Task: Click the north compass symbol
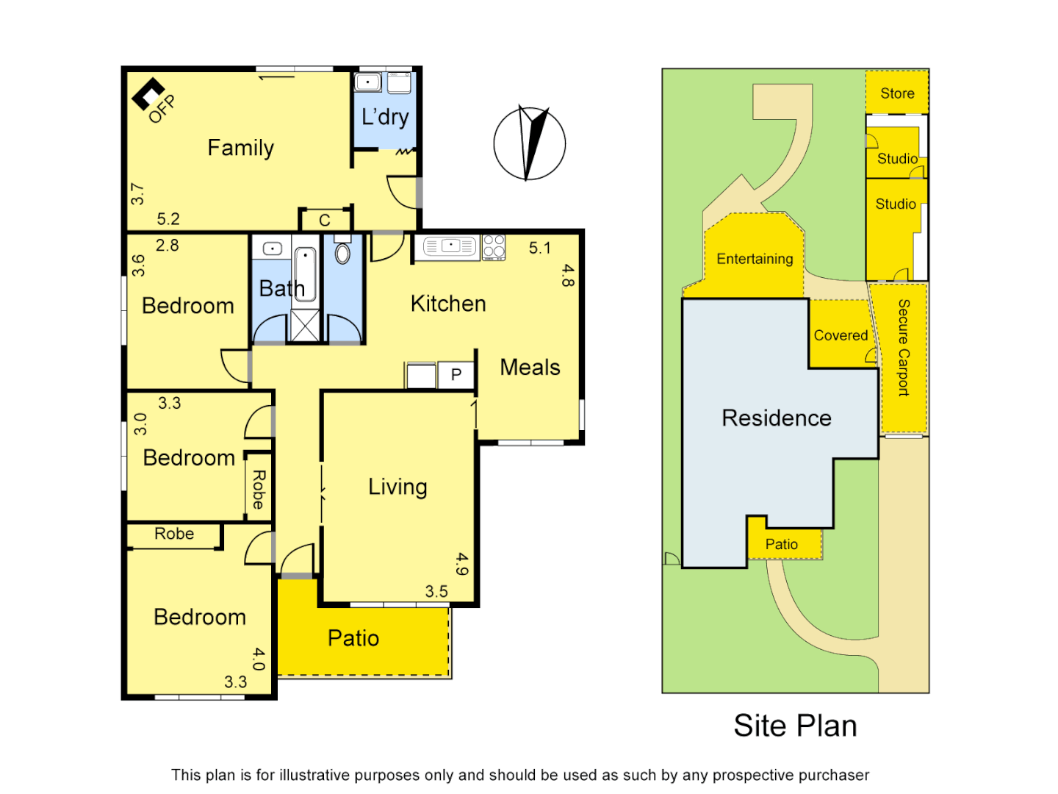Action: click(x=529, y=143)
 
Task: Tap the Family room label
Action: click(x=240, y=148)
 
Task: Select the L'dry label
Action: click(x=385, y=117)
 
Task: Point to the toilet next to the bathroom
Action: click(x=342, y=252)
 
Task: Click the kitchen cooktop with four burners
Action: click(x=494, y=247)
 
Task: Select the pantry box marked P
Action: click(x=456, y=375)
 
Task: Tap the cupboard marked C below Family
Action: click(x=325, y=220)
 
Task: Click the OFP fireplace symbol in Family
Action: click(x=148, y=94)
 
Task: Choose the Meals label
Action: click(x=530, y=368)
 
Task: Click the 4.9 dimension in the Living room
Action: click(x=461, y=564)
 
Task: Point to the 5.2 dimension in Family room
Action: click(x=168, y=219)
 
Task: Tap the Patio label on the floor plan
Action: click(x=353, y=638)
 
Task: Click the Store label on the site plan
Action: click(x=897, y=93)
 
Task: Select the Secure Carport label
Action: click(x=904, y=348)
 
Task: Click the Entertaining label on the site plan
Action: click(x=755, y=259)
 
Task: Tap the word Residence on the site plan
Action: click(x=777, y=418)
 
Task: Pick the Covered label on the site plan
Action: click(x=841, y=335)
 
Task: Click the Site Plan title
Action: click(x=795, y=726)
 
